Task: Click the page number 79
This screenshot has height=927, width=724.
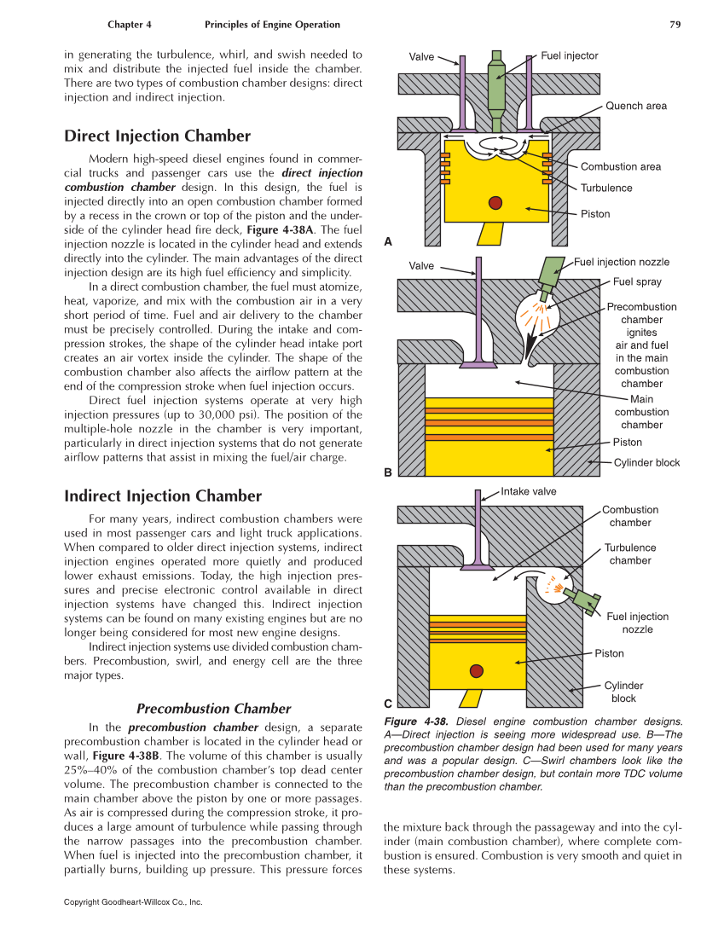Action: (675, 25)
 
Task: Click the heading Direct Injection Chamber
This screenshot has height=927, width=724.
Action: (158, 136)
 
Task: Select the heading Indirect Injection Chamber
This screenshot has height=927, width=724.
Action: (163, 496)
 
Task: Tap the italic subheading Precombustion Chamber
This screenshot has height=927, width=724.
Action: (214, 709)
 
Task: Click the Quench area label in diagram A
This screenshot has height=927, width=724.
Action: (636, 106)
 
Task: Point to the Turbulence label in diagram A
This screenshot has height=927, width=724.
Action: (606, 188)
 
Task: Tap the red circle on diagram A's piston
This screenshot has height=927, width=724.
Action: (494, 202)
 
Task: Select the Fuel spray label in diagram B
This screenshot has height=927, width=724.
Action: (637, 281)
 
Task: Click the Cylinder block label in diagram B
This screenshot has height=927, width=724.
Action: (646, 463)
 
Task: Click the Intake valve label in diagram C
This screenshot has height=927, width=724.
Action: (529, 491)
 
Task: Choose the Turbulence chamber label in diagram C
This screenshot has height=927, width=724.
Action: (630, 554)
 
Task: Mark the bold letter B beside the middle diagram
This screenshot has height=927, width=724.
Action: (388, 472)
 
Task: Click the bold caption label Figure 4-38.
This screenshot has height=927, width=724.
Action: (417, 721)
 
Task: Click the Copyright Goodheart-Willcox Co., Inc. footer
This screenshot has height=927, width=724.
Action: (133, 901)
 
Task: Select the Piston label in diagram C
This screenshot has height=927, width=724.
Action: (609, 653)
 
